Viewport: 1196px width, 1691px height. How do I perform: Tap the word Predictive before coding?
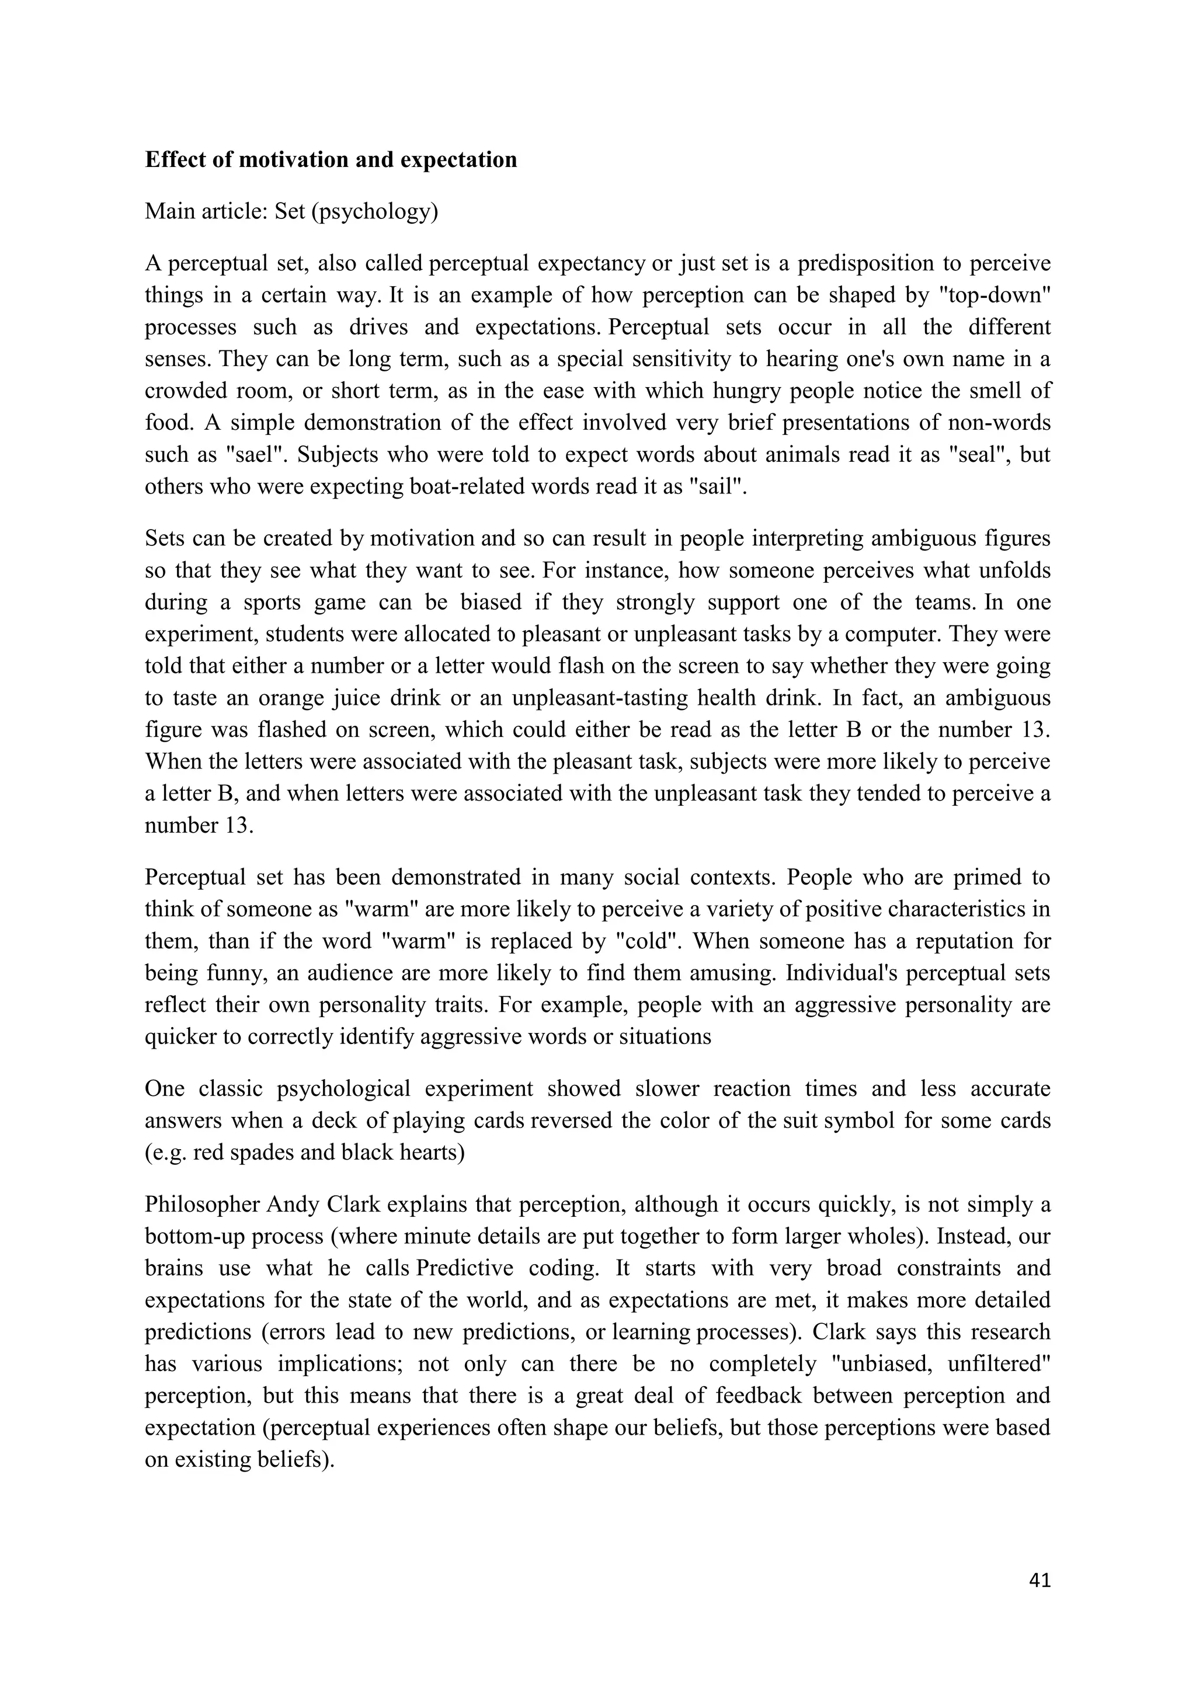pyautogui.click(x=465, y=1268)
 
